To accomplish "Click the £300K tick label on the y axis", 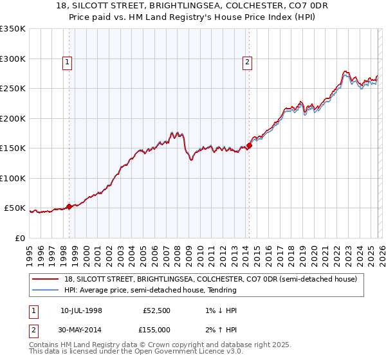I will click(13, 59).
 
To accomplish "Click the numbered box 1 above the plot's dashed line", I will click(68, 62).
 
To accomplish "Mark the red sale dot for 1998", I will click(69, 206).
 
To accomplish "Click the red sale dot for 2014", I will click(249, 145).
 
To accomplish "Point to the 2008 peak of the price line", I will click(172, 132).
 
